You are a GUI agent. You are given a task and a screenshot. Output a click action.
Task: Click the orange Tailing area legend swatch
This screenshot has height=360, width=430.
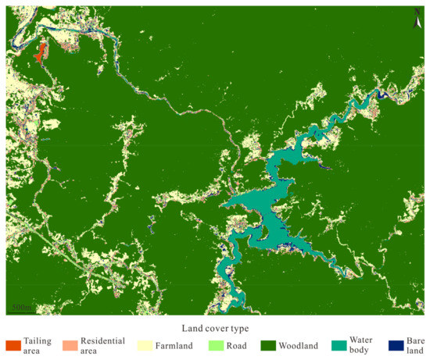pyautogui.click(x=12, y=345)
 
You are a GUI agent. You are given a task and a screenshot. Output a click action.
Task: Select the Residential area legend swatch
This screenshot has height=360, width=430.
pyautogui.click(x=70, y=345)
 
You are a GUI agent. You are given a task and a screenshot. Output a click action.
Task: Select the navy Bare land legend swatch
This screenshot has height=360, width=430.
pyautogui.click(x=398, y=345)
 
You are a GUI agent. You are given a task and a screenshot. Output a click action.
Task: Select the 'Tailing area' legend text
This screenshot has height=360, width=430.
pyautogui.click(x=38, y=345)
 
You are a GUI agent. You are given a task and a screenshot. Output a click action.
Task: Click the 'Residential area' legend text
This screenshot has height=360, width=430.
pyautogui.click(x=103, y=345)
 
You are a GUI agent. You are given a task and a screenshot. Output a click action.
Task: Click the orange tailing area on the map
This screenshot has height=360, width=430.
pyautogui.click(x=38, y=52)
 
